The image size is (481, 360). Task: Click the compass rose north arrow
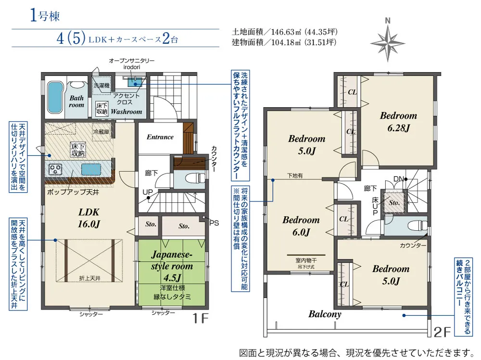tap(388, 40)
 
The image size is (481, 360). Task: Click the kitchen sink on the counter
tap(90, 169)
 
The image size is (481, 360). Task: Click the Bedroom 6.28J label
tap(398, 121)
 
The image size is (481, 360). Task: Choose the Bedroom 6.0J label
tap(301, 226)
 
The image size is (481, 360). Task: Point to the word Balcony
tap(325, 314)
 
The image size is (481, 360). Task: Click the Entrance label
tap(160, 137)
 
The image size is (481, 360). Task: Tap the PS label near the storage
tap(214, 223)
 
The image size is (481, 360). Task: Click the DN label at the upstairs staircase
tap(398, 179)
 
